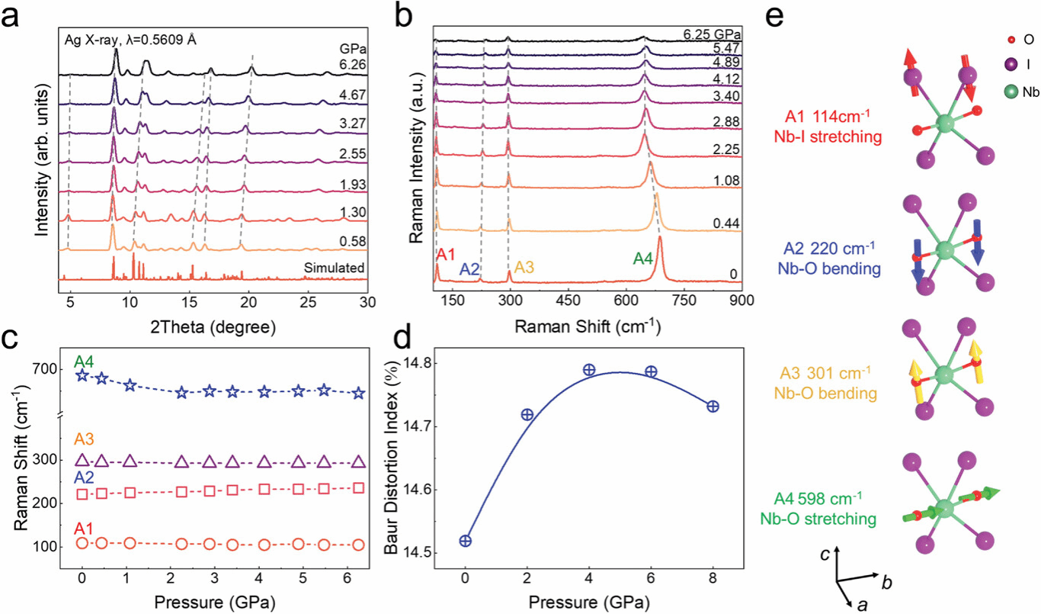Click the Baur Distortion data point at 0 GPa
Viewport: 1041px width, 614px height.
465,541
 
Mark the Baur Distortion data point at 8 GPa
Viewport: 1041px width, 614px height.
713,407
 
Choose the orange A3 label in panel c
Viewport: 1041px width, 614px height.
85,439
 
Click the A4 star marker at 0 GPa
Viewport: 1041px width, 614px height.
82,375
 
